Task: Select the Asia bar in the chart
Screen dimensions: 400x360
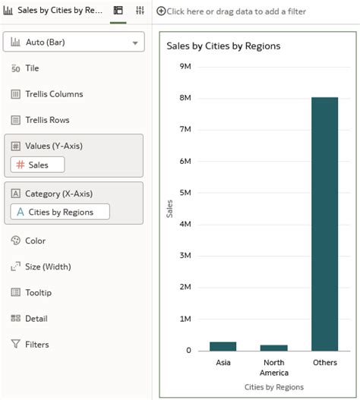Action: coord(223,346)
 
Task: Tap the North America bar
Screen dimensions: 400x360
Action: coord(274,348)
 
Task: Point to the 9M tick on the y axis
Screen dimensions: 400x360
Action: coord(185,66)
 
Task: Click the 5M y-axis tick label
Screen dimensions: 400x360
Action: coord(185,193)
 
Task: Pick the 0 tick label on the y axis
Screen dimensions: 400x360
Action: coord(188,351)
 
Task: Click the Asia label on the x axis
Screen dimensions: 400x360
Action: coord(223,363)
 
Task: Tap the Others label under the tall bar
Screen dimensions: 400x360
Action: coord(324,363)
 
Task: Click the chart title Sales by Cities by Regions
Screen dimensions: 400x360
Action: coord(223,46)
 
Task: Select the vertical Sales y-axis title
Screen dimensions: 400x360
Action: coord(169,209)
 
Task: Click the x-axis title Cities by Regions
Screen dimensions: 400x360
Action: coord(273,387)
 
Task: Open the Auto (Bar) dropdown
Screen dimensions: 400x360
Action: coord(74,43)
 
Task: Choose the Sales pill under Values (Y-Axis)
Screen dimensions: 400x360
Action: coord(37,165)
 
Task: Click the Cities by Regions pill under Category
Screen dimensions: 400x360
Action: coord(60,213)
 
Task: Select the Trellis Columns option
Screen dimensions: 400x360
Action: coord(53,94)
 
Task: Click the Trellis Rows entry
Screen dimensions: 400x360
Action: coord(48,120)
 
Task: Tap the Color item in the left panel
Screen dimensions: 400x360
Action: coord(35,241)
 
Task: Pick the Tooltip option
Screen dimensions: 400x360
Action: coord(38,292)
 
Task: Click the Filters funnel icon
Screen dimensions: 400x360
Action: coord(15,345)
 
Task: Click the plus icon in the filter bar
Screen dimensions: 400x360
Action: coord(161,11)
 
